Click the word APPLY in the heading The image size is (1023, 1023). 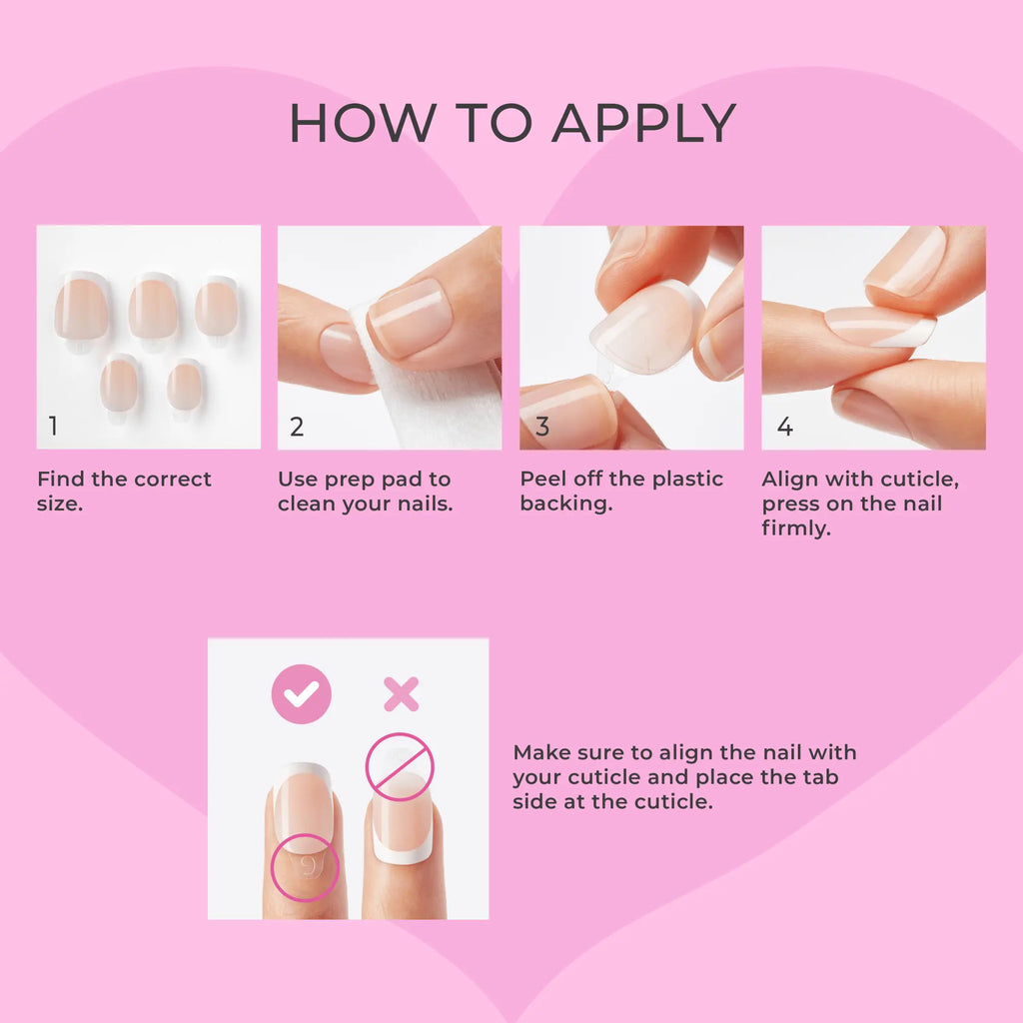pos(643,123)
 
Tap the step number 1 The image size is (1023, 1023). pos(53,427)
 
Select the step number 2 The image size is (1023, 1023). pos(297,427)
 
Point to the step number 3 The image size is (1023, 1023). pos(542,427)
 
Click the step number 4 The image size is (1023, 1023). pos(785,427)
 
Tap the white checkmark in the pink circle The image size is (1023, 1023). pos(301,693)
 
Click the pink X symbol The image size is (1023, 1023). pos(401,693)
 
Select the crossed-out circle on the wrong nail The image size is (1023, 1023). pos(400,767)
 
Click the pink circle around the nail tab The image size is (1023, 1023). pos(305,868)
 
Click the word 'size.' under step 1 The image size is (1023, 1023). pos(60,504)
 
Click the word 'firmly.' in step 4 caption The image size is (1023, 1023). pos(796,528)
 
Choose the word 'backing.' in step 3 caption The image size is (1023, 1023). pos(565,504)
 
